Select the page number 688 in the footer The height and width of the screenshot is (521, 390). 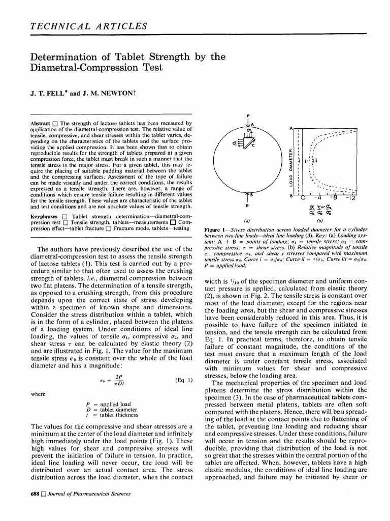click(35, 493)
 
